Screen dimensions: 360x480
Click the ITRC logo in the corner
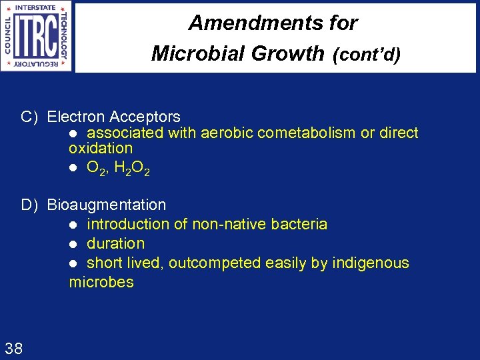coord(37,36)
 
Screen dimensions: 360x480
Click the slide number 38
coord(13,347)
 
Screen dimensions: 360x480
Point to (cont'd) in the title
coord(366,55)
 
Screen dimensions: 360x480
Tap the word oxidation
coord(101,148)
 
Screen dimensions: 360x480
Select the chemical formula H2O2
coord(132,169)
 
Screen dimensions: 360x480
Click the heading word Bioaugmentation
coord(107,205)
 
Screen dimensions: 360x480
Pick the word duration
coord(115,243)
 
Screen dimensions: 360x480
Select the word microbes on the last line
coord(101,282)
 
